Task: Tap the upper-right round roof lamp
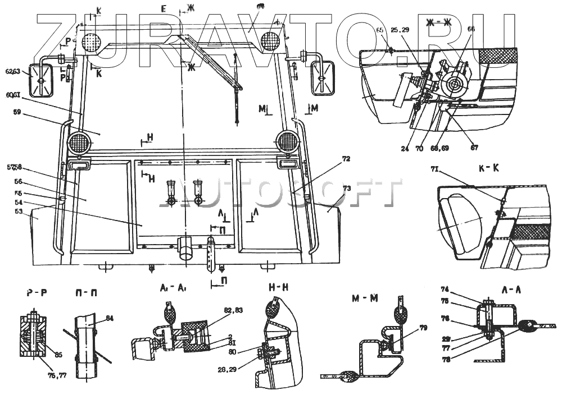(271, 40)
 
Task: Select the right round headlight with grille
(287, 141)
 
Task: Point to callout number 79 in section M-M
(423, 328)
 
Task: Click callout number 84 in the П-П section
(110, 318)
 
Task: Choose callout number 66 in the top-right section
(471, 29)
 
